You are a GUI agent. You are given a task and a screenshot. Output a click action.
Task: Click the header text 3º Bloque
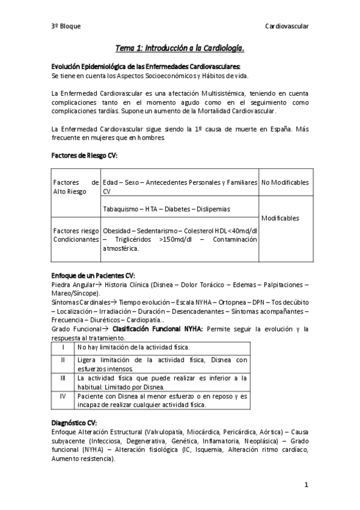coord(66,26)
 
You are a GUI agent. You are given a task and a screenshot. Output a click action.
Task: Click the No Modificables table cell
coord(285,182)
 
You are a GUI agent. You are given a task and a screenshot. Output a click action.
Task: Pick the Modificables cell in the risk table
coord(280,218)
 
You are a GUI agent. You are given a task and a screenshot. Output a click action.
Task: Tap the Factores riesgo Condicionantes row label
coord(76,235)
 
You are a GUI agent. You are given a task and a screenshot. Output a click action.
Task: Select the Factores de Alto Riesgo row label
coord(76,186)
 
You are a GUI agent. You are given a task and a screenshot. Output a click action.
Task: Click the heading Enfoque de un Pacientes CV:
coord(93,275)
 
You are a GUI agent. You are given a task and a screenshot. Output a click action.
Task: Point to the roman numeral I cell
coord(63,348)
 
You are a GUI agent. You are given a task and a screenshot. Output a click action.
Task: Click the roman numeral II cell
coord(63,360)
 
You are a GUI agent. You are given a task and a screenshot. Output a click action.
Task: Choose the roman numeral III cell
coord(63,378)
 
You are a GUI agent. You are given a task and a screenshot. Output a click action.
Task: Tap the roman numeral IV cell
coord(63,397)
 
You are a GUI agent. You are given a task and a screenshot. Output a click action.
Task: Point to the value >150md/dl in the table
coord(171,239)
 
